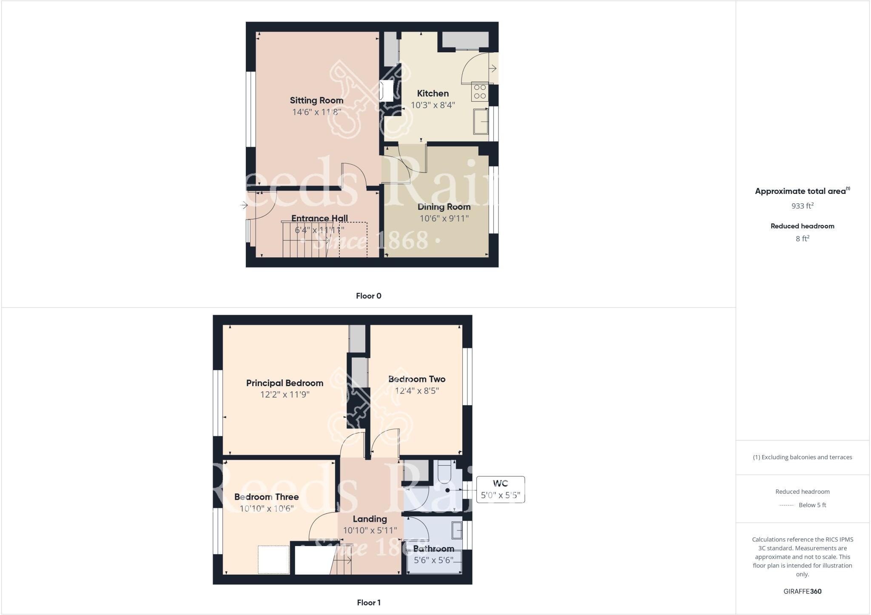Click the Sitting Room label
pos(316,100)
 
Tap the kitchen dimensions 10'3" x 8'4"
pos(433,105)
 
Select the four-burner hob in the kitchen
pos(480,92)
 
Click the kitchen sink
pos(481,121)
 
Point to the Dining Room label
pos(444,207)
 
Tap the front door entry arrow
pos(244,206)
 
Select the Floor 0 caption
pos(368,296)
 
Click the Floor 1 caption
pos(368,603)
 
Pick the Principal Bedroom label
pos(285,383)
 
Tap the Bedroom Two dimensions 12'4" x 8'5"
pos(417,390)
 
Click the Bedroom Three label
pos(266,497)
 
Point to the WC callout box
pos(500,490)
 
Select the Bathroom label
pos(433,549)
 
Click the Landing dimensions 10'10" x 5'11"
pos(370,530)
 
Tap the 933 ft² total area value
pos(802,206)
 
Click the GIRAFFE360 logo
pos(802,591)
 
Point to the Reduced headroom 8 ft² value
pos(802,239)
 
